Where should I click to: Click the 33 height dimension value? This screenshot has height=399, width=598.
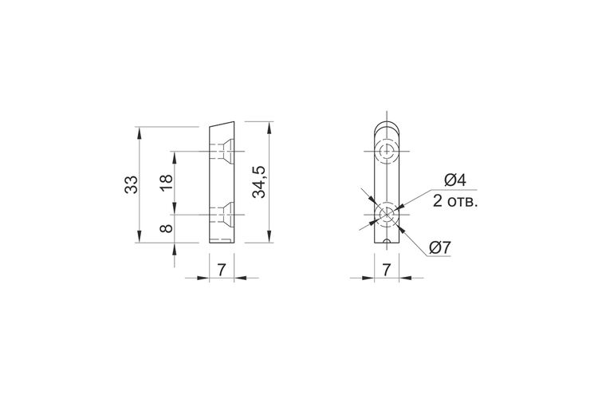click(x=132, y=184)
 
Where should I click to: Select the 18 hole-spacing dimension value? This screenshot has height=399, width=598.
click(x=167, y=183)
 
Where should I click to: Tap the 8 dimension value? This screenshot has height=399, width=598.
click(x=167, y=228)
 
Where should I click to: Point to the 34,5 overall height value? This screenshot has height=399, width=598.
click(x=259, y=182)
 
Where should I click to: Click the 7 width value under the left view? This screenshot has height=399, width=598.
click(x=222, y=270)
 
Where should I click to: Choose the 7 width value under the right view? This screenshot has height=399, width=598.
click(x=387, y=270)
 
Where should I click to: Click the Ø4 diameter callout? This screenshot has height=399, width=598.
click(x=455, y=180)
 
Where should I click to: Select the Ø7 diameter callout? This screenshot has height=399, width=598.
click(x=439, y=248)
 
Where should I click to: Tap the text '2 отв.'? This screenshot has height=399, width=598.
click(x=455, y=201)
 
